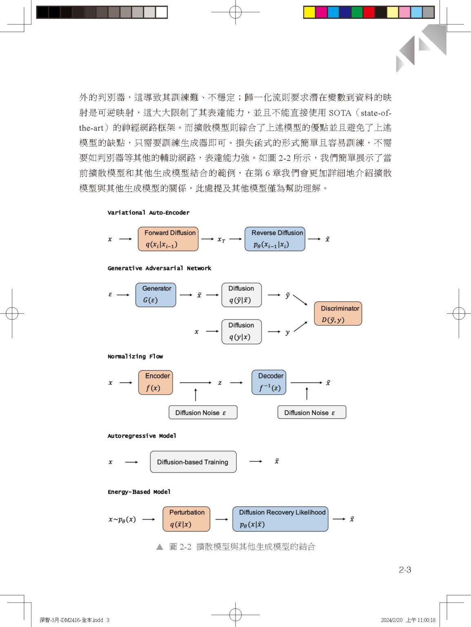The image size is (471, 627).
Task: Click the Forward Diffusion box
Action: click(x=168, y=239)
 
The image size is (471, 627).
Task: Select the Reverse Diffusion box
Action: click(x=275, y=239)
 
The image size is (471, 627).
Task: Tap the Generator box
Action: click(x=156, y=295)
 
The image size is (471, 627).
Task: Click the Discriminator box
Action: click(x=338, y=313)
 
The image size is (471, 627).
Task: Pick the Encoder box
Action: click(x=156, y=382)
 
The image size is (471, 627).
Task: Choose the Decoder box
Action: click(x=269, y=382)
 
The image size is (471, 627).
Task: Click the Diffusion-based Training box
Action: click(x=193, y=462)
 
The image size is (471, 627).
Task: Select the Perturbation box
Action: click(x=186, y=519)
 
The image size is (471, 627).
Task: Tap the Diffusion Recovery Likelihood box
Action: click(x=280, y=519)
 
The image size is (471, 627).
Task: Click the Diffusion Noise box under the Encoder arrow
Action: click(x=203, y=412)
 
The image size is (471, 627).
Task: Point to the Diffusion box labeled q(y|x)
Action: click(x=242, y=331)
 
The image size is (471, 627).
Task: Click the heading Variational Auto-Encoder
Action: click(x=148, y=213)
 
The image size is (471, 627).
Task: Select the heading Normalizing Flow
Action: click(x=135, y=356)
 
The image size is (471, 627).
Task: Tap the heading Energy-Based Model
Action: click(x=139, y=492)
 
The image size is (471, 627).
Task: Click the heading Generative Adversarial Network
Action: click(x=159, y=268)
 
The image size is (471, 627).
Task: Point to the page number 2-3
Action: click(x=404, y=569)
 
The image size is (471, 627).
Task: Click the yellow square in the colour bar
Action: click(x=309, y=12)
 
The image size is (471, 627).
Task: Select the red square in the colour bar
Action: click(x=369, y=12)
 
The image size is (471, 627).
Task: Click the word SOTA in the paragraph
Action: click(x=340, y=113)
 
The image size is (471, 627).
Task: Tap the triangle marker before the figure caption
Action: click(x=160, y=547)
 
